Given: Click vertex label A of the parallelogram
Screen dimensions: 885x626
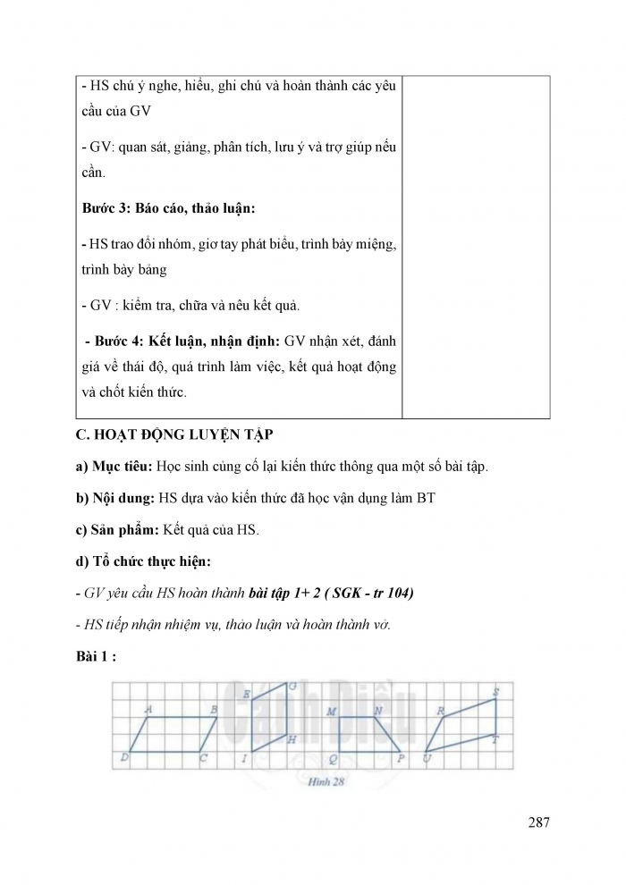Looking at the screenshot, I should [x=148, y=709].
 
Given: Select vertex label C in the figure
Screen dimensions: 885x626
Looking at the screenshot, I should [x=204, y=759].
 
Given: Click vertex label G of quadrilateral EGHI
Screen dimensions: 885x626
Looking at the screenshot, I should [x=292, y=687].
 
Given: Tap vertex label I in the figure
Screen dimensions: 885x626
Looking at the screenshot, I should [x=244, y=760].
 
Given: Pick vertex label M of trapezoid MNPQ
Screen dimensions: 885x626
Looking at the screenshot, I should [x=331, y=712].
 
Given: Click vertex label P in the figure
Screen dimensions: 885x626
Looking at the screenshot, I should [x=402, y=759].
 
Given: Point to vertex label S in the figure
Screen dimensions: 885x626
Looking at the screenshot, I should [x=496, y=691].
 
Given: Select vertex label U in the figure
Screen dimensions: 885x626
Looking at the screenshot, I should [x=427, y=760].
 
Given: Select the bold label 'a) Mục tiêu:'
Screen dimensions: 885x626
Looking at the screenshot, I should [x=114, y=467].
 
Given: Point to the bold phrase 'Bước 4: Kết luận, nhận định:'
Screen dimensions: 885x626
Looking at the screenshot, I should [x=182, y=341].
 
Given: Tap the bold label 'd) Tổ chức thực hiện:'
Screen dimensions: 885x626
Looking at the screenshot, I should [x=143, y=561].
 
